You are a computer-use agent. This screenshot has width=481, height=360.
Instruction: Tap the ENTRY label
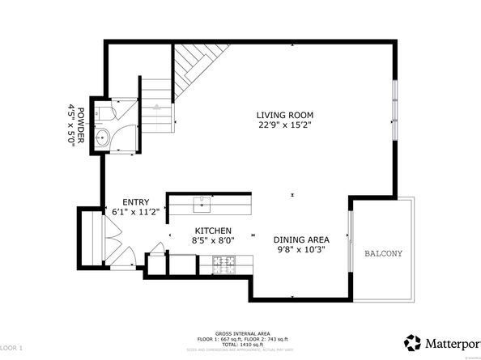(135, 202)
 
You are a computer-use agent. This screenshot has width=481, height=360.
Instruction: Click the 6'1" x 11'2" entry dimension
(135, 212)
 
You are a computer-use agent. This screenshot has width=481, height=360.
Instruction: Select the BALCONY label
(382, 253)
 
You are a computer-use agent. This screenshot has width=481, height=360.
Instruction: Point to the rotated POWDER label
(81, 125)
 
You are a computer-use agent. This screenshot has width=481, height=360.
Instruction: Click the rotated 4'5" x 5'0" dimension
(71, 125)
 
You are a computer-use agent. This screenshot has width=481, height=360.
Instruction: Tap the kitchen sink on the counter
(201, 203)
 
